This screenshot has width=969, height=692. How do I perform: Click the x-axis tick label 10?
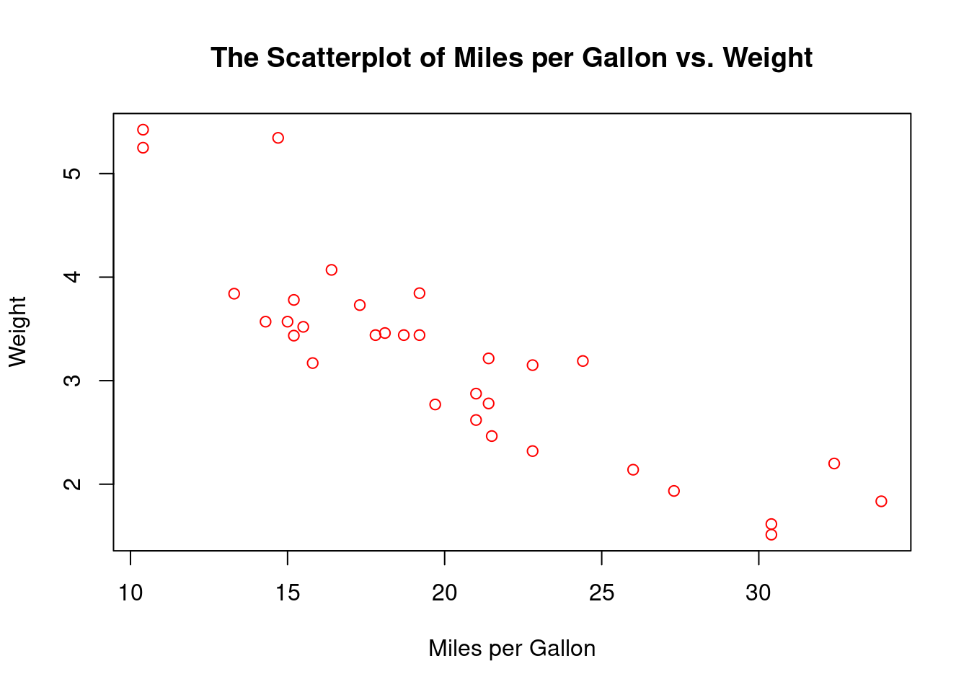130,593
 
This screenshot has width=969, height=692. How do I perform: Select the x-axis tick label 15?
288,593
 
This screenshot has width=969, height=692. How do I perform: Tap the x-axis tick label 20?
445,593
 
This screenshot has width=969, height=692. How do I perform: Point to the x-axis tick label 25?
601,593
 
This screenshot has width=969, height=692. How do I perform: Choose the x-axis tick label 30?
758,593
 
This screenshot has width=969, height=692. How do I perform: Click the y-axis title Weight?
17,332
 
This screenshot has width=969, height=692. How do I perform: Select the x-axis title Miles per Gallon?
512,649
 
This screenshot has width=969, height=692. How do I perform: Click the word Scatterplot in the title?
340,58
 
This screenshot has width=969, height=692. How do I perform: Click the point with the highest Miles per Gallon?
881,501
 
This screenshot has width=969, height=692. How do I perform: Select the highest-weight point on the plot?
143,130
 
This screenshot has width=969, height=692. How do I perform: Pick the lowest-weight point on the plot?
771,534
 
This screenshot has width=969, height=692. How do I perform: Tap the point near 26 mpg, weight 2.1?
633,469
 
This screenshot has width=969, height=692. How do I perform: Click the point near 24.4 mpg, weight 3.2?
583,360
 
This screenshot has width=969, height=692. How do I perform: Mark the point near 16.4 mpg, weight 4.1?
332,270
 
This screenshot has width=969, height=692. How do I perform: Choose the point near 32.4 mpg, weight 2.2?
834,463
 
